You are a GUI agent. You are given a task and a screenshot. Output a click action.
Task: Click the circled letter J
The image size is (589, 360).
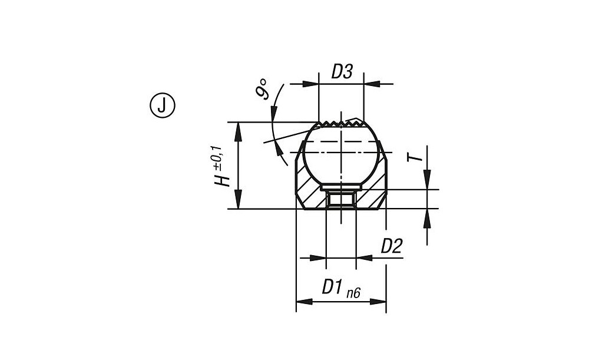[x=162, y=106]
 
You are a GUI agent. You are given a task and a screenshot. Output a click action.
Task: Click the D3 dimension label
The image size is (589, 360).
[x=342, y=72]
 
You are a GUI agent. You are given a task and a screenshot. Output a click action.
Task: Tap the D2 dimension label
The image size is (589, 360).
[x=392, y=246]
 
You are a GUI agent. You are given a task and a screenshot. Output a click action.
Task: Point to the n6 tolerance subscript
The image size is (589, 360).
[x=353, y=293]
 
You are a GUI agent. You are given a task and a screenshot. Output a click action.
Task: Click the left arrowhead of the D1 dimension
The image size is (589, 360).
[x=305, y=302]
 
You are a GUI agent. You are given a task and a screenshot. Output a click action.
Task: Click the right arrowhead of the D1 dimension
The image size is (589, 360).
[x=378, y=302]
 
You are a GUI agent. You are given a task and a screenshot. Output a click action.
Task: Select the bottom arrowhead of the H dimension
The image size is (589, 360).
[x=237, y=200]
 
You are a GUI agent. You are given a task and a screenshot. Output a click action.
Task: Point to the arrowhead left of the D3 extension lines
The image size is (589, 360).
[x=310, y=84]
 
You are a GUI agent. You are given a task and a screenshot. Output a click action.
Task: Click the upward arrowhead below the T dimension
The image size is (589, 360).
[x=427, y=219]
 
